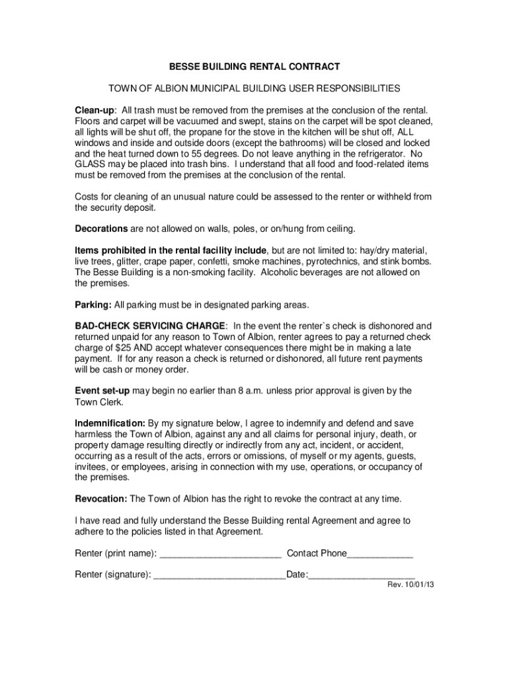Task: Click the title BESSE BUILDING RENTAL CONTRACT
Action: pos(255,67)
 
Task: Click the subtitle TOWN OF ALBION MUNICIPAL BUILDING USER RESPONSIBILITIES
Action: pos(255,88)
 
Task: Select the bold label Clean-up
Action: pos(95,109)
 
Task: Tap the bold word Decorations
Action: pos(101,229)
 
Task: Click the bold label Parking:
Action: pos(93,305)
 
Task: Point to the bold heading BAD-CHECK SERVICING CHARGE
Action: pos(150,326)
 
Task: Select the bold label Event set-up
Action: pos(102,391)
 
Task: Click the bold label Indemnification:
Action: pos(110,423)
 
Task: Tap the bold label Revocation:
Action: pos(101,498)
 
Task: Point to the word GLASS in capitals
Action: pos(89,164)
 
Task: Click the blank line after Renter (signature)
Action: pos(219,576)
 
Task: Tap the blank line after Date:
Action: pos(362,576)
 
